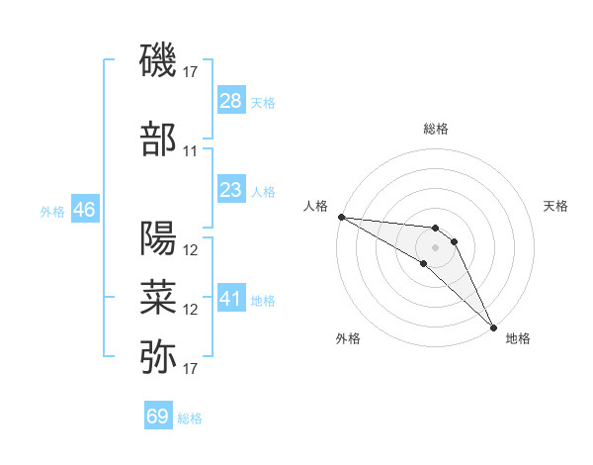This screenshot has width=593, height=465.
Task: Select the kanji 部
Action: point(159,139)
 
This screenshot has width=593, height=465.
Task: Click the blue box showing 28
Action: point(231,101)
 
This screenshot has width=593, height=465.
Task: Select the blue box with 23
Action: point(231,190)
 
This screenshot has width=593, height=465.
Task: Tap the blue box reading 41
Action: point(231,299)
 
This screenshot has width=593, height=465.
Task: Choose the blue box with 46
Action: point(84,210)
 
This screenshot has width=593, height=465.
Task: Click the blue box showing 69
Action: point(158,417)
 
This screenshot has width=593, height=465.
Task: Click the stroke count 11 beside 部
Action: point(191,151)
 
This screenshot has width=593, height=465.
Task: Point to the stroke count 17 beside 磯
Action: point(191,71)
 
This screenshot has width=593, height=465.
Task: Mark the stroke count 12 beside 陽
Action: point(191,250)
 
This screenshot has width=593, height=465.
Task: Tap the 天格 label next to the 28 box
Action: point(263,102)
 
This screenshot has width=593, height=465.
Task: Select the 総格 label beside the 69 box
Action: point(190,418)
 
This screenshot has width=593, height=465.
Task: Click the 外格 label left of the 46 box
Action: point(52,211)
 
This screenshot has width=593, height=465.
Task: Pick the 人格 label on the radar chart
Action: point(316,206)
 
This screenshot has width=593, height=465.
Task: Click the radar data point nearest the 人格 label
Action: point(341,217)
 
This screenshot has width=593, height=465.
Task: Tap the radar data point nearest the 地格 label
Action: point(492,326)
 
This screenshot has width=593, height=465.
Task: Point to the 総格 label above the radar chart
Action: point(436,129)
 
